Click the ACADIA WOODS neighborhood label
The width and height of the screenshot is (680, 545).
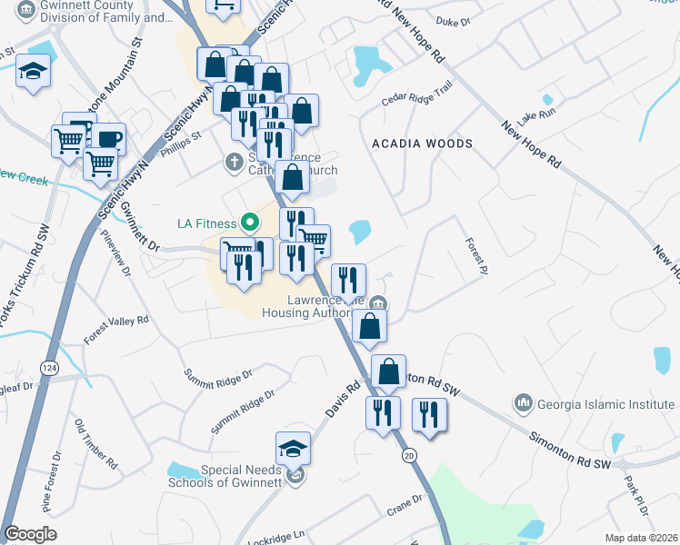pyautogui.click(x=422, y=144)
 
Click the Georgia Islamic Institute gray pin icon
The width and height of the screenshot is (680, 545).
pyautogui.click(x=523, y=401)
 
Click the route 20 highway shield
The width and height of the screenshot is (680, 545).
pyautogui.click(x=407, y=454)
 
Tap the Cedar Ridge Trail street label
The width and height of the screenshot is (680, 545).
pyautogui.click(x=418, y=94)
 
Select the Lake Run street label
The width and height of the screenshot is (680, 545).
pyautogui.click(x=535, y=117)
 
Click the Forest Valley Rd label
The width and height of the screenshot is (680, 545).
pyautogui.click(x=115, y=328)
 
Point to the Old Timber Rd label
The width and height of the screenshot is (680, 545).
pyautogui.click(x=96, y=444)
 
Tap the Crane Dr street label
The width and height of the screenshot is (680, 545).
pyautogui.click(x=405, y=504)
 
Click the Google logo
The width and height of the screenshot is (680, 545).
pyautogui.click(x=31, y=534)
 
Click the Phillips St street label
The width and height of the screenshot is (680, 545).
pyautogui.click(x=181, y=146)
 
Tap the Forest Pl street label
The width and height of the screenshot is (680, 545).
pyautogui.click(x=476, y=252)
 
